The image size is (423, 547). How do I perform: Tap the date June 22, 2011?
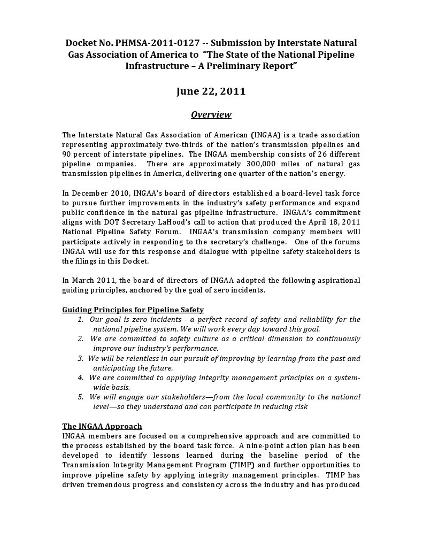211,91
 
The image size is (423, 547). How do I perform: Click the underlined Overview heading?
211,114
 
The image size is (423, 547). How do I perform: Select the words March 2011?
92,280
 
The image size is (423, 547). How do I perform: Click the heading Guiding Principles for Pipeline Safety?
133,310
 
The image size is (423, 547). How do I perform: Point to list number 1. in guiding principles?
80,319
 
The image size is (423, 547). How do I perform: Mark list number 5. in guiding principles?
80,397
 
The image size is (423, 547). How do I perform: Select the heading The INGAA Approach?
102,426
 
